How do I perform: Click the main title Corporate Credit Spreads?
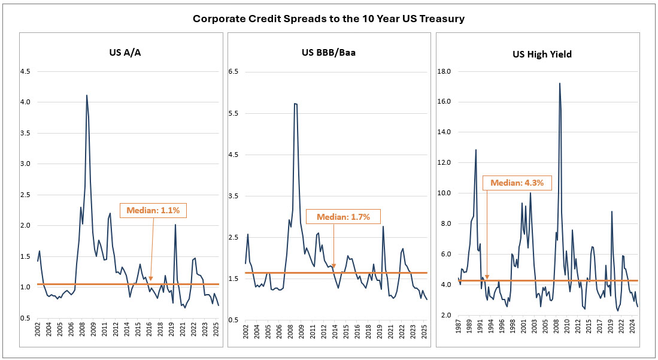click(x=329, y=19)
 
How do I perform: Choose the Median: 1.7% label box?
click(x=342, y=216)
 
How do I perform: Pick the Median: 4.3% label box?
click(x=517, y=183)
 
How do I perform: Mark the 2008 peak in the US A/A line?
click(x=87, y=95)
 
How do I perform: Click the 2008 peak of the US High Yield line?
click(x=559, y=84)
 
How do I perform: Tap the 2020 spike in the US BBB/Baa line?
click(x=383, y=226)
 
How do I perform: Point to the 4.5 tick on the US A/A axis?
click(x=25, y=71)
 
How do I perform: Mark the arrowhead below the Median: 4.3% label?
click(x=487, y=278)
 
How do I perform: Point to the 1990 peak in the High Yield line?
click(x=476, y=150)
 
